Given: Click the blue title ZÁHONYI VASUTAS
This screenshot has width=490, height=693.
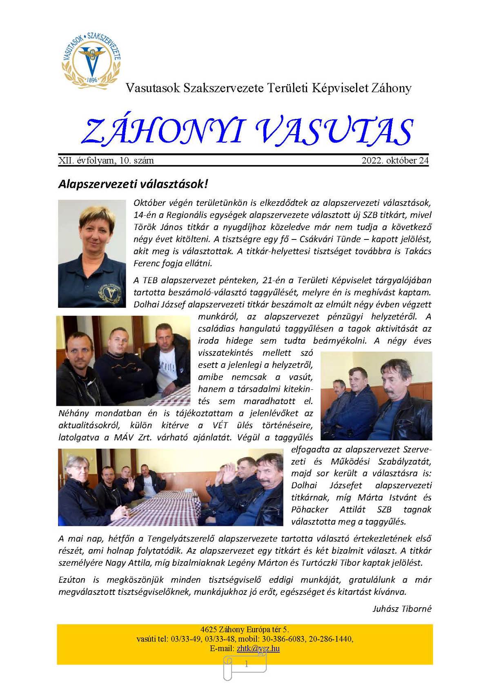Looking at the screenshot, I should click(x=247, y=132).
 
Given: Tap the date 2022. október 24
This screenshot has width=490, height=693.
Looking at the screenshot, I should click(x=395, y=161).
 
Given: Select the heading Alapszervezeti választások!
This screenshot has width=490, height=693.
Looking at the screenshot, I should click(x=133, y=184).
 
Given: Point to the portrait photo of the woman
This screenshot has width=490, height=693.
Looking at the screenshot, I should click(x=92, y=253).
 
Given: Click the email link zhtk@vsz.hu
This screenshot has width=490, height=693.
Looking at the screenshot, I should click(x=258, y=648).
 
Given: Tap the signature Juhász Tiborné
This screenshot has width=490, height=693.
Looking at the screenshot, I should click(x=402, y=609).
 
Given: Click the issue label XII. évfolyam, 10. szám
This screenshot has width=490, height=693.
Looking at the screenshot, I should click(x=106, y=161).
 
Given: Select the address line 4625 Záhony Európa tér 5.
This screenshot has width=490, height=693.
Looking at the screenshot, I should click(x=245, y=630).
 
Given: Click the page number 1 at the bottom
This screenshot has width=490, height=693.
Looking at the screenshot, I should click(x=246, y=665).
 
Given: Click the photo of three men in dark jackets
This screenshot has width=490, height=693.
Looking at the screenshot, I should click(x=123, y=360).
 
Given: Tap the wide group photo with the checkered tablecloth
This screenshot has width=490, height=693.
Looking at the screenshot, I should click(x=170, y=487).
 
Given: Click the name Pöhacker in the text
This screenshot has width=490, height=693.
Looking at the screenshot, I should click(x=310, y=510).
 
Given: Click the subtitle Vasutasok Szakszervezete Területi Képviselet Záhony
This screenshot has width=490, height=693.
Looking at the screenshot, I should click(x=268, y=88).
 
